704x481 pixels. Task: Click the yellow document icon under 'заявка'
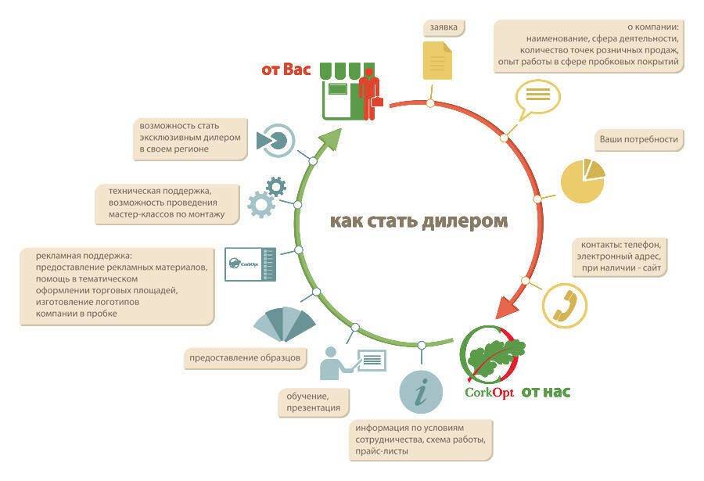click(x=437, y=60)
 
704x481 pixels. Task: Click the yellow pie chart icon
click(x=584, y=181)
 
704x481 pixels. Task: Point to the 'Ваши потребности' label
click(x=638, y=139)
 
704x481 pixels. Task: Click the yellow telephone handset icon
click(x=564, y=303)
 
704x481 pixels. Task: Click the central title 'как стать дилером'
click(x=419, y=221)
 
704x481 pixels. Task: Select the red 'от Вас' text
click(x=286, y=70)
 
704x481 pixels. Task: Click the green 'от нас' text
click(x=546, y=391)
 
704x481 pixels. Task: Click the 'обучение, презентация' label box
click(x=313, y=402)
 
